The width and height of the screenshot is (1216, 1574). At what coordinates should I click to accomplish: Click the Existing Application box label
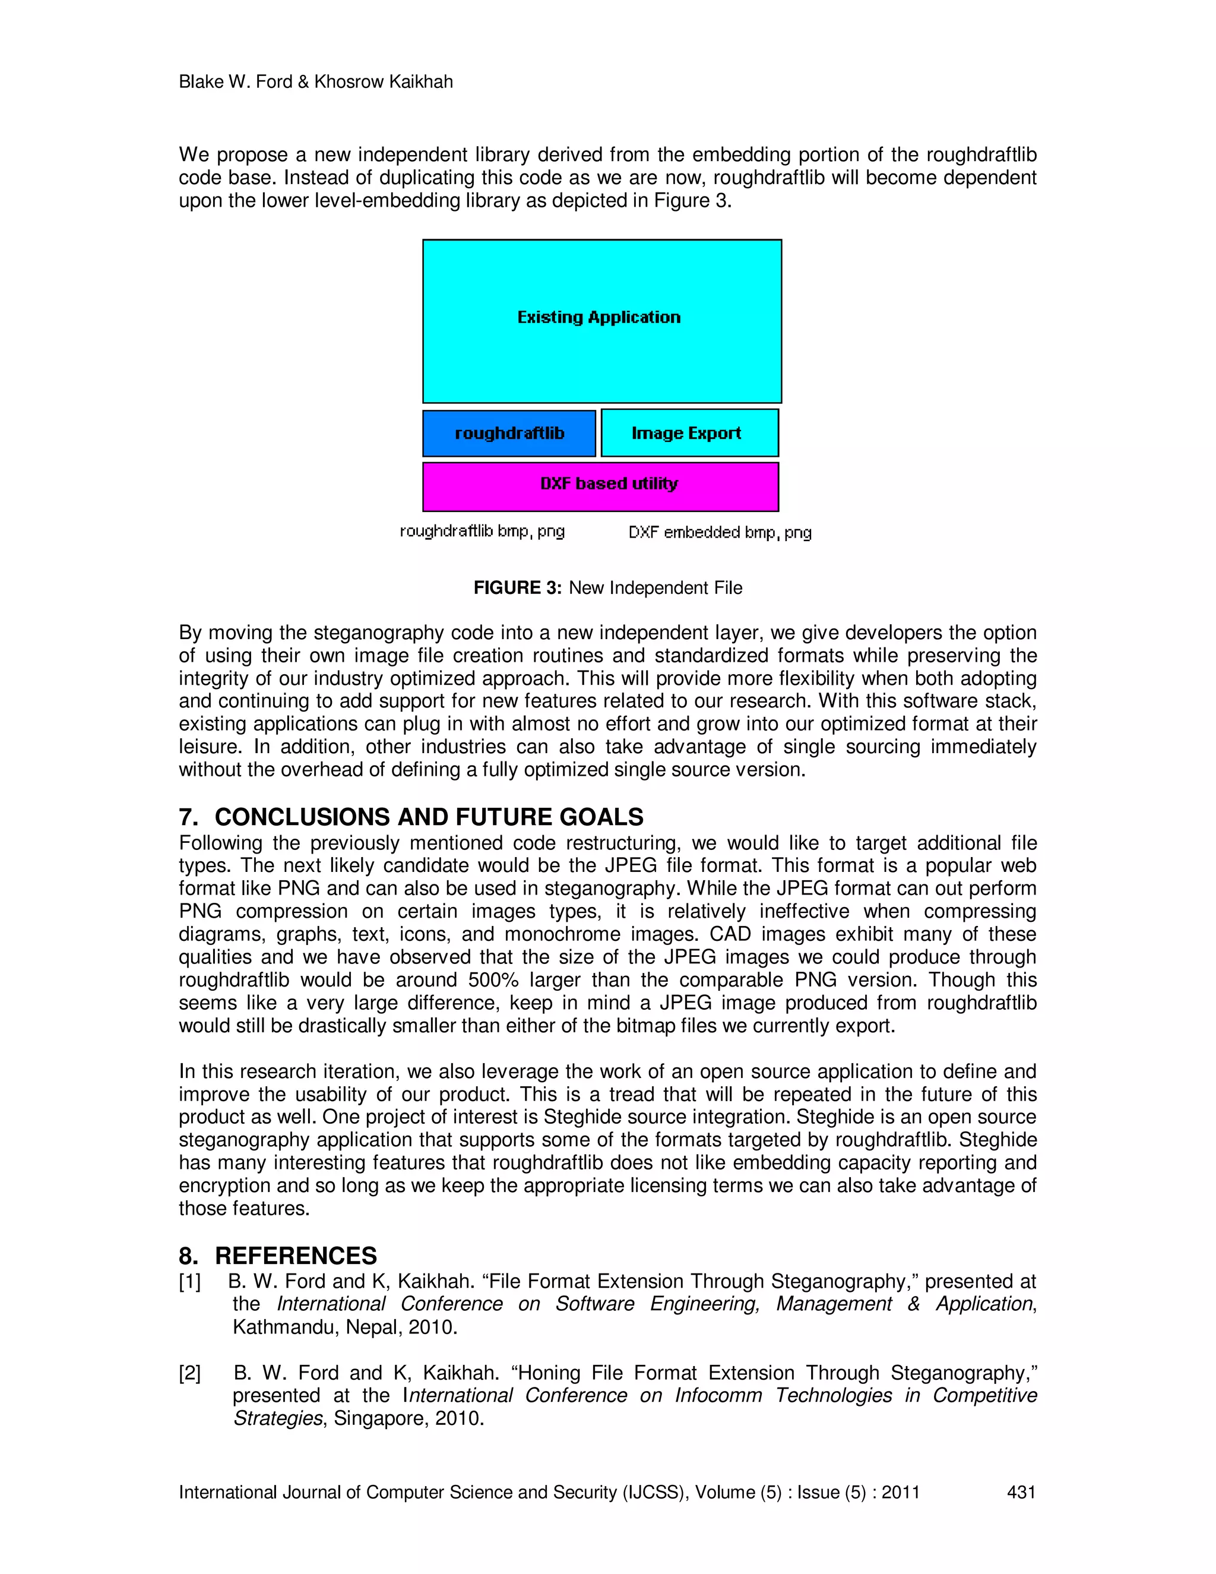(598, 317)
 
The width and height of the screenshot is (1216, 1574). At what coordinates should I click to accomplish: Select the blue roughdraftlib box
(509, 433)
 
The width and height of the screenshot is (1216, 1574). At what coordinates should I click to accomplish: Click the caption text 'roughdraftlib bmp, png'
(482, 532)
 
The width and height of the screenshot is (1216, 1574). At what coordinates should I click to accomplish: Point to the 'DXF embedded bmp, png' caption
(720, 533)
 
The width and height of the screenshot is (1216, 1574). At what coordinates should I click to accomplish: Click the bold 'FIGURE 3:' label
(517, 588)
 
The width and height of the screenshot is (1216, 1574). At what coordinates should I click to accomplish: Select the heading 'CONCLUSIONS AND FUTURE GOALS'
(429, 817)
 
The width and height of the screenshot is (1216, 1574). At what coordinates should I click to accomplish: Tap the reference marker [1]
(190, 1281)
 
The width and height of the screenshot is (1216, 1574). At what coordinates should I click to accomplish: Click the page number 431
(1021, 1492)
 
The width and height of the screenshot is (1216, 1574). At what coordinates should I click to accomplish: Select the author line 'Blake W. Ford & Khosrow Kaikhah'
(315, 82)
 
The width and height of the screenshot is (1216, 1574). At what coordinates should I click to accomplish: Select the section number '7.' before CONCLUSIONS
(188, 817)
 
